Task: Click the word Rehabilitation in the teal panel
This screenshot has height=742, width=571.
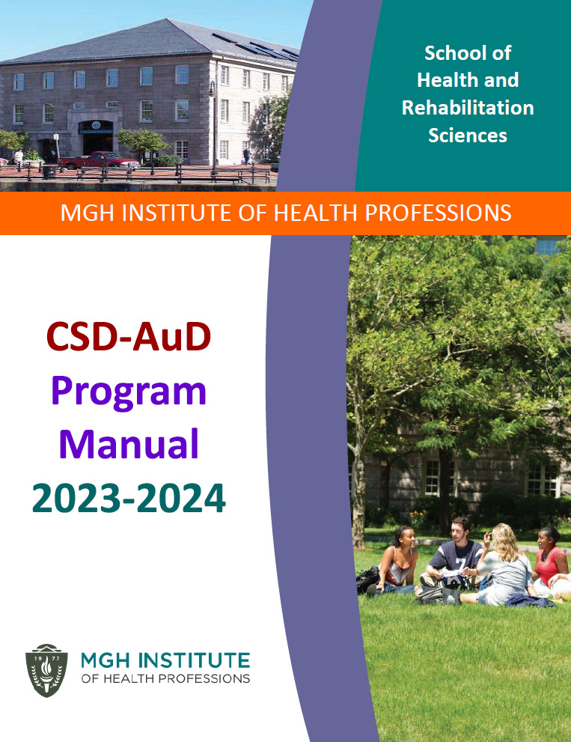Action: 468,108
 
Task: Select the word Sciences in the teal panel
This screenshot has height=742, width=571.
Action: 468,136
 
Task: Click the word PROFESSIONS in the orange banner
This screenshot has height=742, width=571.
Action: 438,213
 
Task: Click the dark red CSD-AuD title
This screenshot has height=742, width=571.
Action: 129,336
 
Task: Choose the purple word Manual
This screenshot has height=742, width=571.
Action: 129,444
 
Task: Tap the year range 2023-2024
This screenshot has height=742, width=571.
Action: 129,498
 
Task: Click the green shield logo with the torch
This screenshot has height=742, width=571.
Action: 46,670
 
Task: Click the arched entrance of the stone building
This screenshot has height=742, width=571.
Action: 96,137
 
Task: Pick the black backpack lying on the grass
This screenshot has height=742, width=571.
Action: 367,580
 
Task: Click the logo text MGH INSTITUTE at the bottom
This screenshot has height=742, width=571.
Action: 165,660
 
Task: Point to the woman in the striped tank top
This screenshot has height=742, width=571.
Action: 397,560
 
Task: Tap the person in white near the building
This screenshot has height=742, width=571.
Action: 19,158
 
